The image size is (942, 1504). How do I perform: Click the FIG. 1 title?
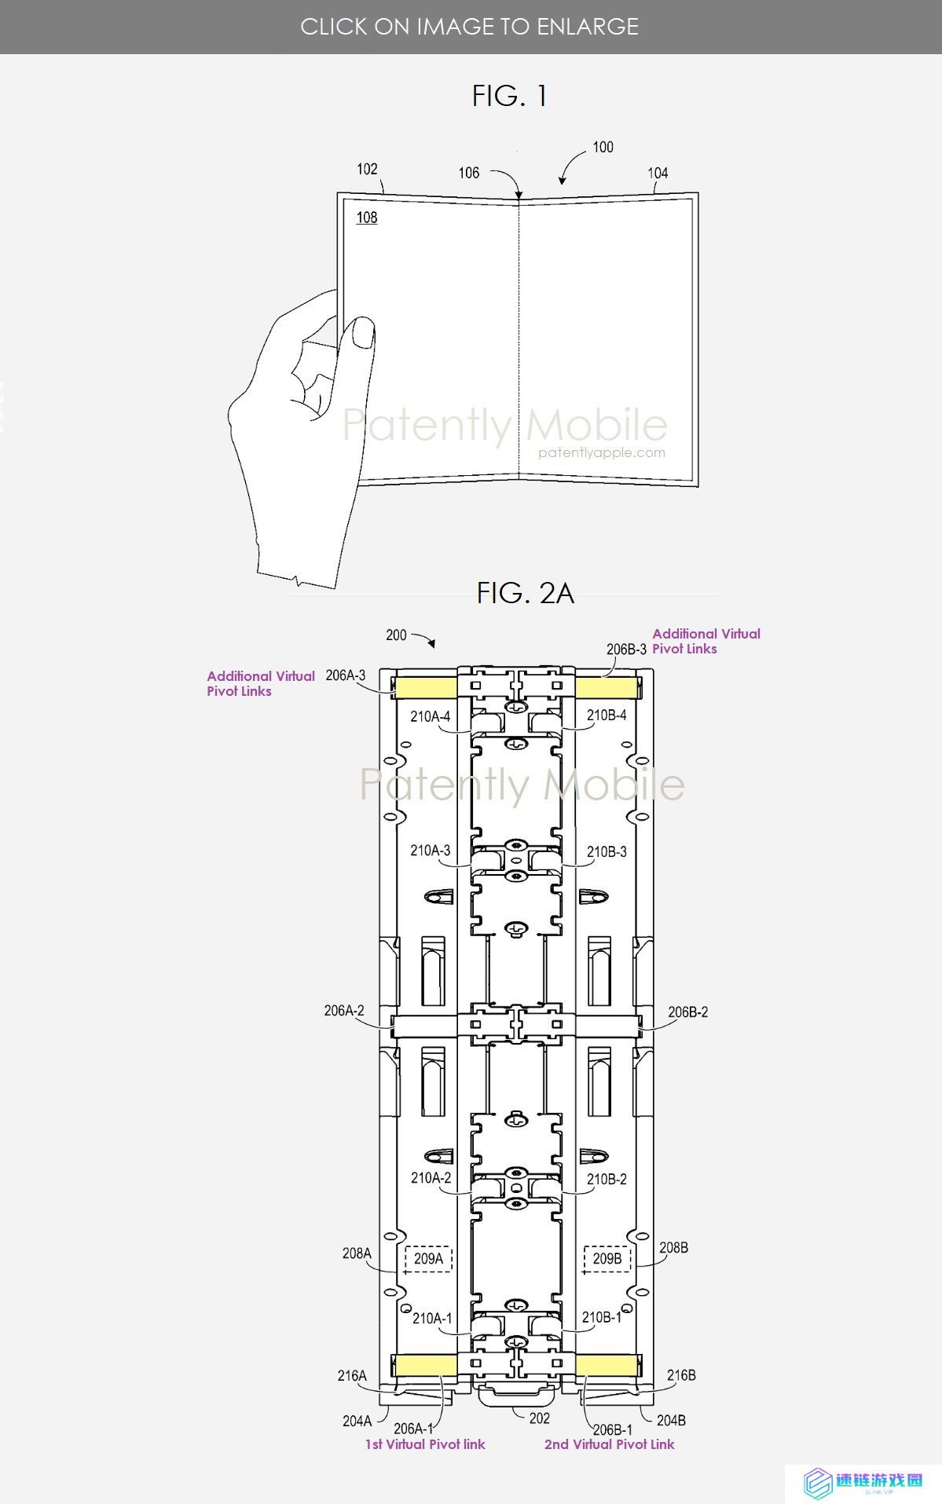[x=509, y=96]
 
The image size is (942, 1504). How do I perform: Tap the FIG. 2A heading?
[x=525, y=593]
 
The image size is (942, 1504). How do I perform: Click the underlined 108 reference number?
[x=367, y=218]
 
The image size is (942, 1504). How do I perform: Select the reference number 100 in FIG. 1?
[x=603, y=147]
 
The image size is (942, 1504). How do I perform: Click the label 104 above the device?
[x=658, y=173]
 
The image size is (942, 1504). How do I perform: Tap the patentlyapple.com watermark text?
[x=602, y=452]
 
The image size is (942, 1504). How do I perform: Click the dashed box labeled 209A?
[x=428, y=1258]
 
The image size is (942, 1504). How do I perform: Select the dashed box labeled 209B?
[x=607, y=1258]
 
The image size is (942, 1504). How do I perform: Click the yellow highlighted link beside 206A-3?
[x=425, y=688]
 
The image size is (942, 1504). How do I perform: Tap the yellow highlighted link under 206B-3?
[x=606, y=688]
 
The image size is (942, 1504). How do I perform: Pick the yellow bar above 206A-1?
[x=425, y=1364]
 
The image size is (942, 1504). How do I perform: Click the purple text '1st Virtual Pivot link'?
[x=425, y=1444]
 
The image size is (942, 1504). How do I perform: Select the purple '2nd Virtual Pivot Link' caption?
[x=610, y=1444]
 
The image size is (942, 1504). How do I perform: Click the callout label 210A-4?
[x=431, y=716]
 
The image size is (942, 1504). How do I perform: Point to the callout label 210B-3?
[x=607, y=851]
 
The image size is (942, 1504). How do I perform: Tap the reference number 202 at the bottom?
[x=540, y=1418]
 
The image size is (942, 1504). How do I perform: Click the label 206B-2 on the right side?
[x=688, y=1012]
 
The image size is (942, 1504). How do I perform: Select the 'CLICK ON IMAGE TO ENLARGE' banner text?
[x=470, y=27]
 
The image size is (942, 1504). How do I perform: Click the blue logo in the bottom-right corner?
[x=819, y=1484]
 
